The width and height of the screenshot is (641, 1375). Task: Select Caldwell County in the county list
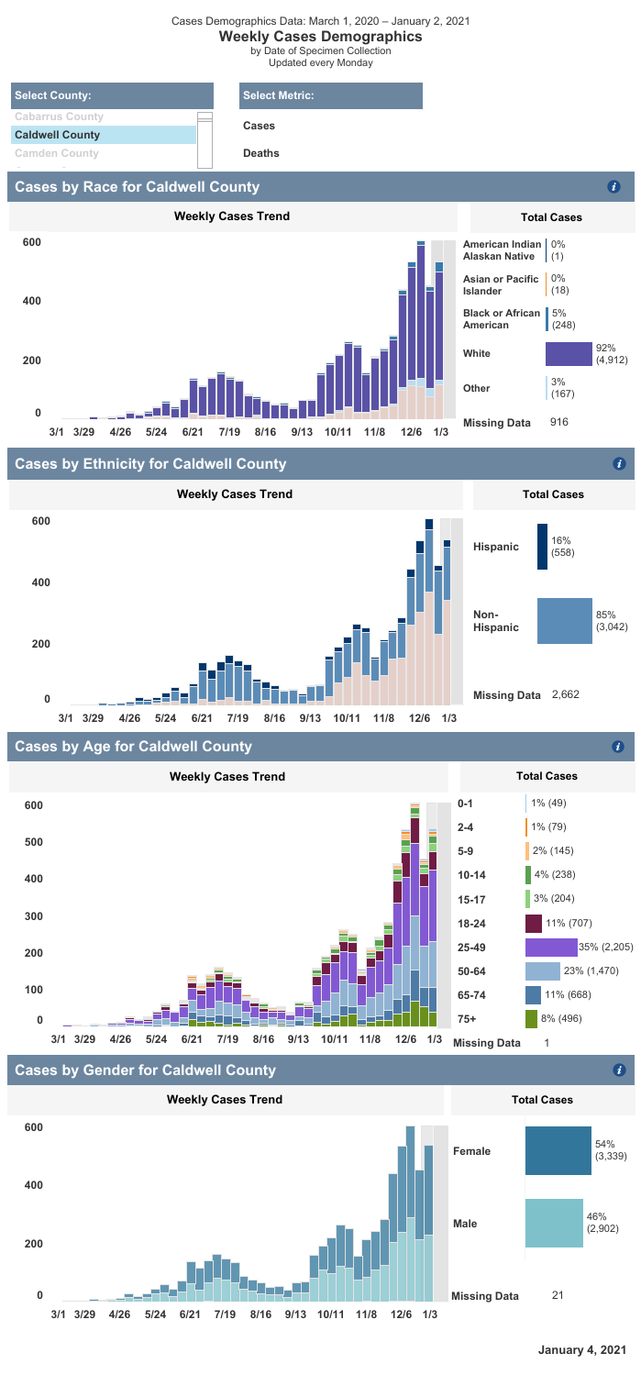click(57, 135)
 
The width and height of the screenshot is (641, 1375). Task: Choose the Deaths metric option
click(261, 153)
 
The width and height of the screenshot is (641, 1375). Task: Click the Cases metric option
click(259, 126)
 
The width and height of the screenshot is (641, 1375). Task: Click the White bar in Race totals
click(569, 354)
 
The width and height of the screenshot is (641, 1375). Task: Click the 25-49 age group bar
click(551, 946)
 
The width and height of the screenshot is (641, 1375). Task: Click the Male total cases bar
click(554, 1223)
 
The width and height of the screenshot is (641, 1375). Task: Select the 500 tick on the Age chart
click(34, 842)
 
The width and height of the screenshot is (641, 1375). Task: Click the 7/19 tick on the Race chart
click(228, 431)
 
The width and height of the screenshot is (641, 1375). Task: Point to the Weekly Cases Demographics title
click(320, 37)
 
